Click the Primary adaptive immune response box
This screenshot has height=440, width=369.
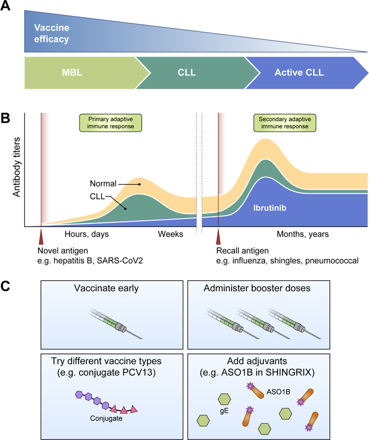tap(110, 122)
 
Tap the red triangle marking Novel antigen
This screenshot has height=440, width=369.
tap(41, 238)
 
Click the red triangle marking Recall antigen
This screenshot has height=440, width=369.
tap(218, 238)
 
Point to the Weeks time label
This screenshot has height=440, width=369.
tap(170, 234)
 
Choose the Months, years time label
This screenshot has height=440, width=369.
tap(302, 234)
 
